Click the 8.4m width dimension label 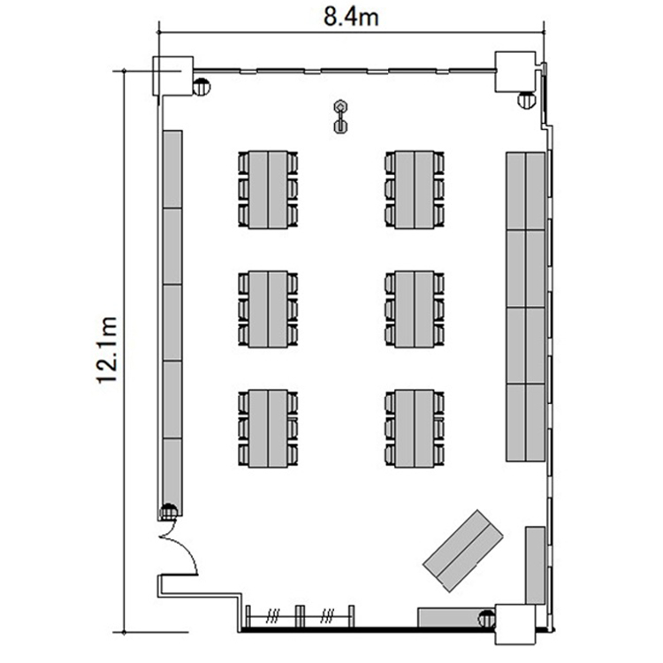[351, 18]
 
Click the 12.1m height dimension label [107, 349]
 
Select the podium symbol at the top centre [340, 117]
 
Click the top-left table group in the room [268, 189]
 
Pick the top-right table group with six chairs [415, 189]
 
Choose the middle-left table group [268, 309]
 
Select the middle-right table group [415, 309]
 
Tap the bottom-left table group [268, 429]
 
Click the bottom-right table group [415, 429]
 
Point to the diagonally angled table [463, 551]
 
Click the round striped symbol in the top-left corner [202, 88]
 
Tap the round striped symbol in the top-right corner [527, 100]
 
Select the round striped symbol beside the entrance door [169, 512]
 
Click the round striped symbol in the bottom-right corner [487, 619]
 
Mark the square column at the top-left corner [173, 75]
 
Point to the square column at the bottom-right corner [515, 624]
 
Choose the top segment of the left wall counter [172, 169]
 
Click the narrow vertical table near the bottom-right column [536, 566]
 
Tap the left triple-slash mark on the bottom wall [272, 617]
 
